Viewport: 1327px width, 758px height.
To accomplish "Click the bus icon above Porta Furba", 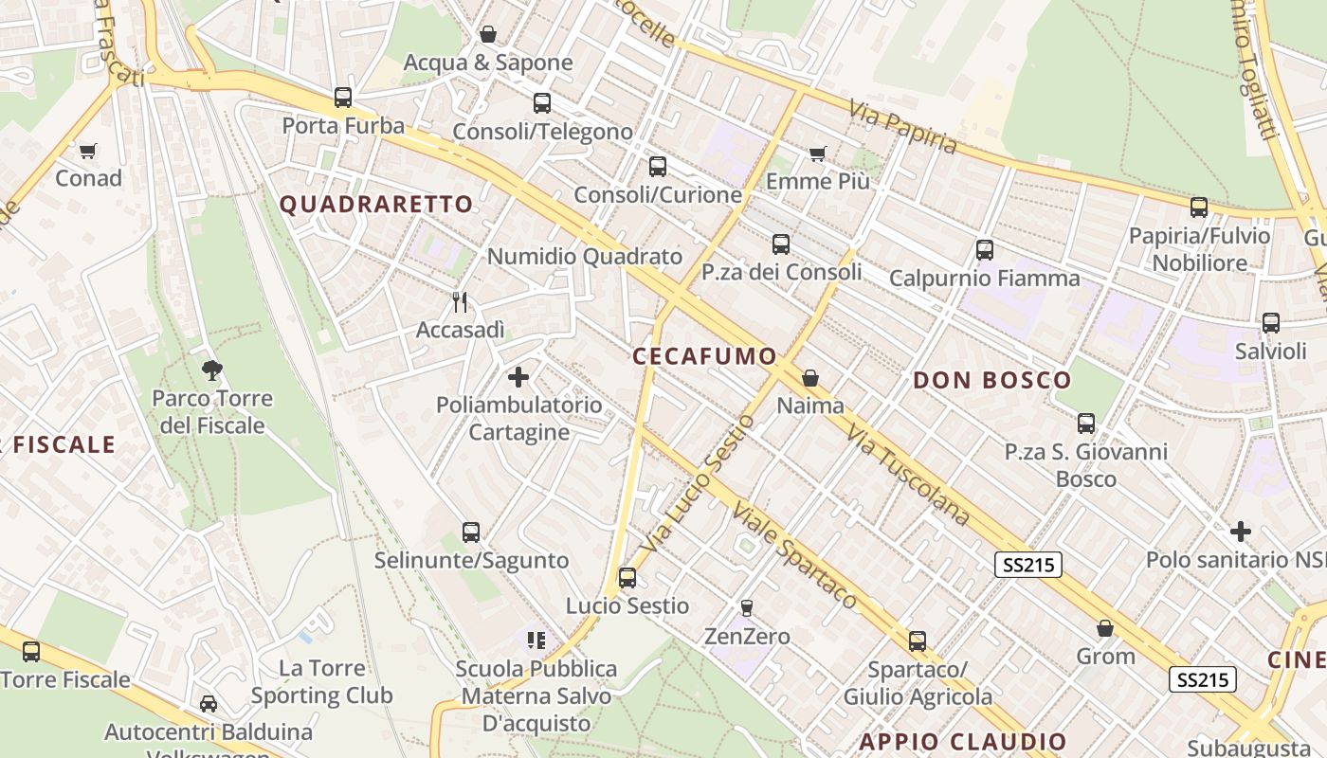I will click(x=343, y=97).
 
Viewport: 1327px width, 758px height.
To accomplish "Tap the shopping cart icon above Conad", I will click(x=88, y=151).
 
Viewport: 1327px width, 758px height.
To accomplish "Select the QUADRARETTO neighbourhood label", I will click(x=376, y=204).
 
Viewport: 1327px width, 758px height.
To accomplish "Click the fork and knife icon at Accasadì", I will click(x=460, y=302).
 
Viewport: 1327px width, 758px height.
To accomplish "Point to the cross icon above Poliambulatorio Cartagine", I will click(x=518, y=377).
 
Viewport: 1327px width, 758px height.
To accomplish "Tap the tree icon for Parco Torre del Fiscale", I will click(x=212, y=370).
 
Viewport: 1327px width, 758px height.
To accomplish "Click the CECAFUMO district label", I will click(x=704, y=356).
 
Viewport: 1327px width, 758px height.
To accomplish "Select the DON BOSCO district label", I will click(x=991, y=381).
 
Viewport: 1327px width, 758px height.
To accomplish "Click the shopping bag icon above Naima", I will click(x=810, y=378).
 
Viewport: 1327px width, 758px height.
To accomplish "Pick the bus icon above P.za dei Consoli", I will click(x=781, y=244).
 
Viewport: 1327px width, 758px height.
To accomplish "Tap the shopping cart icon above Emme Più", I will click(x=817, y=153).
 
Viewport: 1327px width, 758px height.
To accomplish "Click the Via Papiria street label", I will click(x=903, y=126).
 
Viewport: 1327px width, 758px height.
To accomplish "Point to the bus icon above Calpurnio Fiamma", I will click(x=985, y=250).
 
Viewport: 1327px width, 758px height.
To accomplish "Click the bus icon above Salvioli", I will click(x=1271, y=323).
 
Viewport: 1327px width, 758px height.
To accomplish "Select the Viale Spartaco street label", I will click(x=793, y=555).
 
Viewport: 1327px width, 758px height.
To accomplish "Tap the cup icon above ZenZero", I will click(x=747, y=607).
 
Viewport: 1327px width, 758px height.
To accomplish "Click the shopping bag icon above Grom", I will click(x=1105, y=628).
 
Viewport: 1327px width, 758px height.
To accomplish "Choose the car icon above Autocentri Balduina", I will click(x=209, y=704).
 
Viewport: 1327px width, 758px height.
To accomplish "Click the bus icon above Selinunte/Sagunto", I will click(x=471, y=532).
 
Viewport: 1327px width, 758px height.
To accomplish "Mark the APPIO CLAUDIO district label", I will click(x=963, y=741).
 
